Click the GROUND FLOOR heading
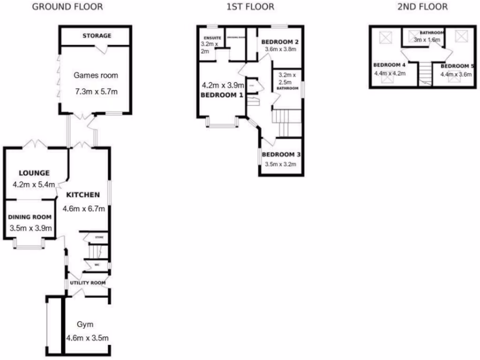coord(67,7)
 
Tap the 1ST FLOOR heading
coord(250,7)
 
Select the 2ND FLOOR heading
coord(422,7)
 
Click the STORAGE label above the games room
coord(97,36)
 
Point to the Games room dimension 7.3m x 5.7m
coord(96,91)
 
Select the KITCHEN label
coord(83,195)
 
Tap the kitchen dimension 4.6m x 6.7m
coord(83,209)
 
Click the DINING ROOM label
coord(29,217)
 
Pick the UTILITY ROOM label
coord(88,283)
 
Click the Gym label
coord(85,324)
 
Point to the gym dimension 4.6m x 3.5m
coord(88,337)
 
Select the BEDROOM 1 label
coord(222,95)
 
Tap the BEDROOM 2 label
coord(280,41)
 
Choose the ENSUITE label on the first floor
coord(209,38)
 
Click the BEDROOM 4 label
coord(390,65)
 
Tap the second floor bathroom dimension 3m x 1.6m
coord(427,40)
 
